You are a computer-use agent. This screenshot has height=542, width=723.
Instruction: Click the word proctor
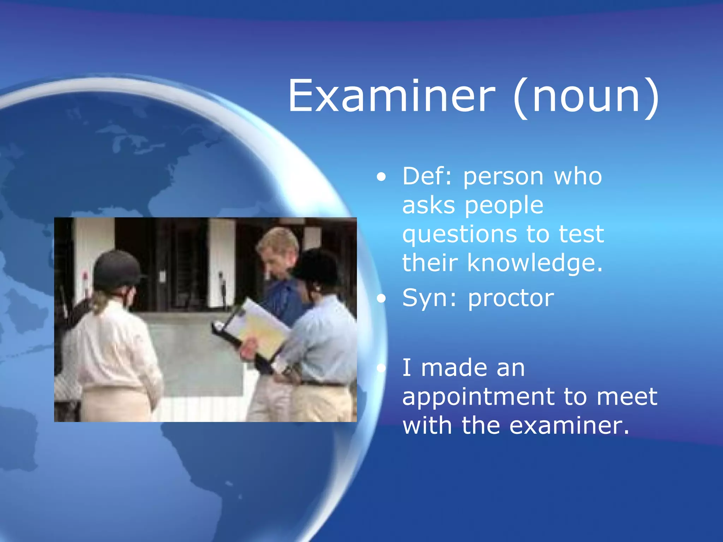click(511, 298)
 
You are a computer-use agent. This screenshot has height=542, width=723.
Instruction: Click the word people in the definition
click(504, 206)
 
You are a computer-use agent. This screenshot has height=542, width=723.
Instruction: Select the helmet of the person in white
click(116, 268)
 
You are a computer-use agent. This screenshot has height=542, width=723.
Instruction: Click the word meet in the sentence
click(627, 397)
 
